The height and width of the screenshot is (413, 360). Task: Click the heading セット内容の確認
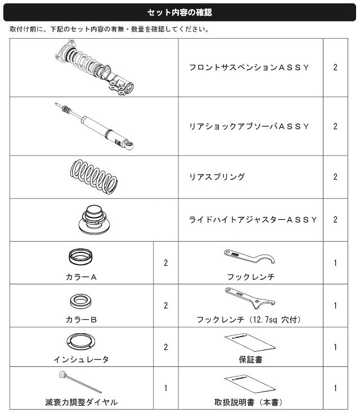[x=179, y=12]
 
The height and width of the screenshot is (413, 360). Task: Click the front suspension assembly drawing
[x=94, y=67]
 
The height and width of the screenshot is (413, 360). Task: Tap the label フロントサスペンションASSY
[x=249, y=67]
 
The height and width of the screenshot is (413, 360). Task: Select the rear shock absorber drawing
[x=94, y=126]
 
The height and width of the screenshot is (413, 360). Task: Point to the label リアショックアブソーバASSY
[x=249, y=126]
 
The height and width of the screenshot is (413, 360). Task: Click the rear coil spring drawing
[x=93, y=177]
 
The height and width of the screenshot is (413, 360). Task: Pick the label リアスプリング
[x=217, y=177]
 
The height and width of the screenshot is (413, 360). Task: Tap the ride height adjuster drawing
[x=94, y=219]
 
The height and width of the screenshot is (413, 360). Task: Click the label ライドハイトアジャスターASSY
[x=253, y=220]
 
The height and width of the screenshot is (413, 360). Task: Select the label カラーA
[x=81, y=277]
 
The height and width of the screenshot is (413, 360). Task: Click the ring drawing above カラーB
[x=80, y=302]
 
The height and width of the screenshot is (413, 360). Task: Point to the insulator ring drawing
[x=80, y=342]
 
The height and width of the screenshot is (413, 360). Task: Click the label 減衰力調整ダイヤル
[x=81, y=402]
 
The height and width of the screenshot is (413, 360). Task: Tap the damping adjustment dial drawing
[x=80, y=382]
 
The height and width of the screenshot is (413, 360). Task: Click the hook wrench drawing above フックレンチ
[x=249, y=257]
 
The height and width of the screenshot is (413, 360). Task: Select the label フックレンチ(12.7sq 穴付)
[x=249, y=320]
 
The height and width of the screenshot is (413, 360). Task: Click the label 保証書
[x=250, y=360]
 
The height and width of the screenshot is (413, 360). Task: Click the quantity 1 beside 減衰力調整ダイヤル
[x=165, y=388]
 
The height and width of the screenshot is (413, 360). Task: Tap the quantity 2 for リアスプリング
[x=335, y=177]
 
